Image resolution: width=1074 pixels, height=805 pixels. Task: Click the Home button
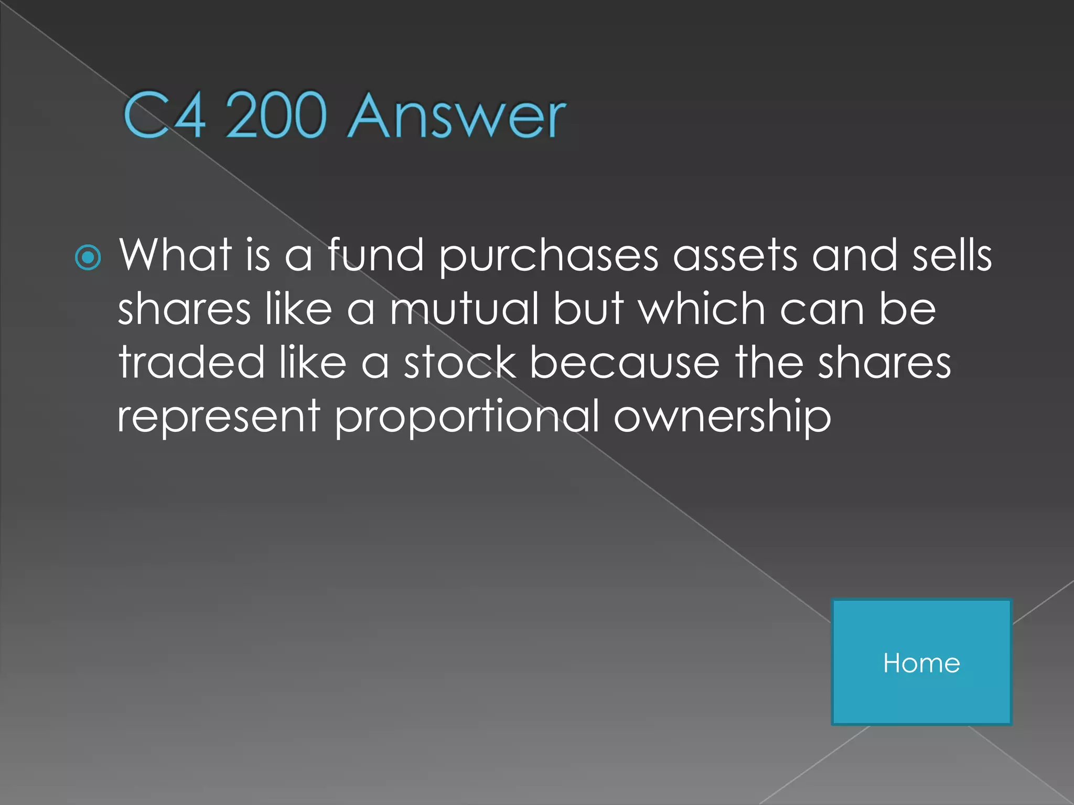coord(921,662)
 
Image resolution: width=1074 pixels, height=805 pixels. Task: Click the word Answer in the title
coord(457,116)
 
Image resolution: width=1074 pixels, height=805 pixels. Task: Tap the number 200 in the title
coord(276,116)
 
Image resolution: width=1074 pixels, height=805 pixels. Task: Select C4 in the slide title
coord(164,116)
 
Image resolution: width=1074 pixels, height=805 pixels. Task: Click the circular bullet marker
coord(88,258)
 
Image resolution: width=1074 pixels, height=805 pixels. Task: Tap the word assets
coord(735,256)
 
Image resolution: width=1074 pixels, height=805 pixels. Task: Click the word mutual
coord(464,309)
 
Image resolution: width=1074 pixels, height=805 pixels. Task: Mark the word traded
coord(191,363)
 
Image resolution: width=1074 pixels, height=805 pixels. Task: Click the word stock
coord(460,363)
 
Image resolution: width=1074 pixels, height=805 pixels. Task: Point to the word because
coord(625,363)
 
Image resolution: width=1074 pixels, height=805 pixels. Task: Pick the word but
coord(588,309)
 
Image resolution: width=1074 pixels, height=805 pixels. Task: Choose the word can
coord(822,310)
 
